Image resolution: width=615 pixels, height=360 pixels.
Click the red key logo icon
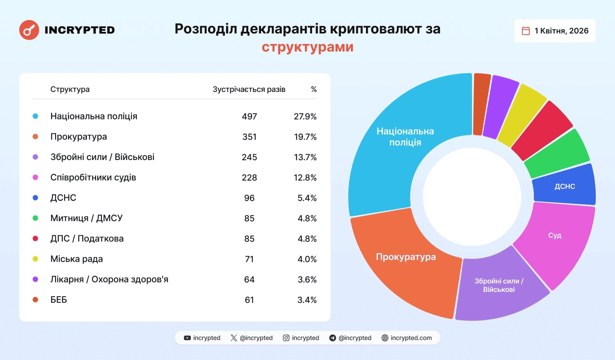point(29,30)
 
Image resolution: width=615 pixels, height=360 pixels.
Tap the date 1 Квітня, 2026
point(561,31)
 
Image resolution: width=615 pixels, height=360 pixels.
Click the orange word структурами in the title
point(307,47)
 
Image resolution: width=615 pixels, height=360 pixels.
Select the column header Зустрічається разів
point(249,89)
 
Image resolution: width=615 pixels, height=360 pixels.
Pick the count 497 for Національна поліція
point(249,117)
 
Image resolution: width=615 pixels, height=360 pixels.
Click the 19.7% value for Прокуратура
point(305,137)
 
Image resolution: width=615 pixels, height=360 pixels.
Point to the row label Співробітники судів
point(93,177)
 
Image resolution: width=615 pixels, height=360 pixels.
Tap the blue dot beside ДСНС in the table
point(35,198)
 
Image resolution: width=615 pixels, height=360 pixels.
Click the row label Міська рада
point(76,259)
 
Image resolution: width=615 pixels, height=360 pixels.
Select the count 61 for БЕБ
point(249,300)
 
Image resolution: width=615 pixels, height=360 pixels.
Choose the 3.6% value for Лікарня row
point(307,280)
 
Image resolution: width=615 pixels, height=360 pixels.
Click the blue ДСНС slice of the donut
point(564,186)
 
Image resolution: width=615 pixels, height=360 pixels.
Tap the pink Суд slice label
point(555,235)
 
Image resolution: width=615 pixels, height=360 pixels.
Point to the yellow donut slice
point(521,115)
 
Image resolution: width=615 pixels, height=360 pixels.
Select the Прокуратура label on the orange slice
point(406,257)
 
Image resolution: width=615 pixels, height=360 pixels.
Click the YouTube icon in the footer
point(187,338)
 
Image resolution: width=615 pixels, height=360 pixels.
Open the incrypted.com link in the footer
point(411,338)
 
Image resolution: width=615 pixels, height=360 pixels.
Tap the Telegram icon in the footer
point(332,338)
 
